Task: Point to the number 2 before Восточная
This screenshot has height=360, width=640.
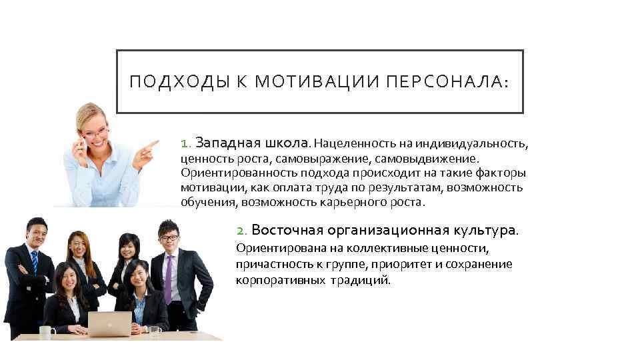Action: (242, 231)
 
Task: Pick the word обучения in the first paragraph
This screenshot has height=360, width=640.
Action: (208, 201)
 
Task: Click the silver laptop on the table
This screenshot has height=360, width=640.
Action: (109, 324)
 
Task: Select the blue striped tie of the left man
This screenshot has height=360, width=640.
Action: (34, 263)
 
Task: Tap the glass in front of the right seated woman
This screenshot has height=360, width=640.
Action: (155, 331)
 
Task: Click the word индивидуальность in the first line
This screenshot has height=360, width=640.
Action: (471, 143)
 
